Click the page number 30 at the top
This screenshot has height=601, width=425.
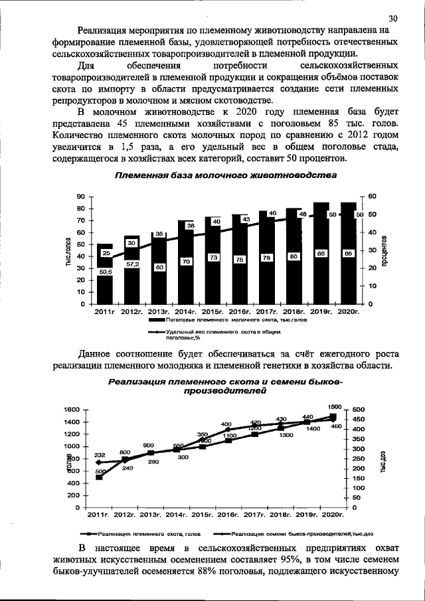(x=392, y=18)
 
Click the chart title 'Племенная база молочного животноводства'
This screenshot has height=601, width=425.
(x=226, y=175)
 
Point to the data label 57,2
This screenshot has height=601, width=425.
(x=132, y=264)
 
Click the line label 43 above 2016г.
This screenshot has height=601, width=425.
(x=245, y=218)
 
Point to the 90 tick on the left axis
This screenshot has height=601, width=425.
(x=80, y=197)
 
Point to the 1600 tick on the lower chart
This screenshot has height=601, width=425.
(x=71, y=410)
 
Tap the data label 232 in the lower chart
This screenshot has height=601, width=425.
(x=100, y=454)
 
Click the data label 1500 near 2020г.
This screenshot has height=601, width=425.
(x=335, y=406)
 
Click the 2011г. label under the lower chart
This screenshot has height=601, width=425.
(x=100, y=515)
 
